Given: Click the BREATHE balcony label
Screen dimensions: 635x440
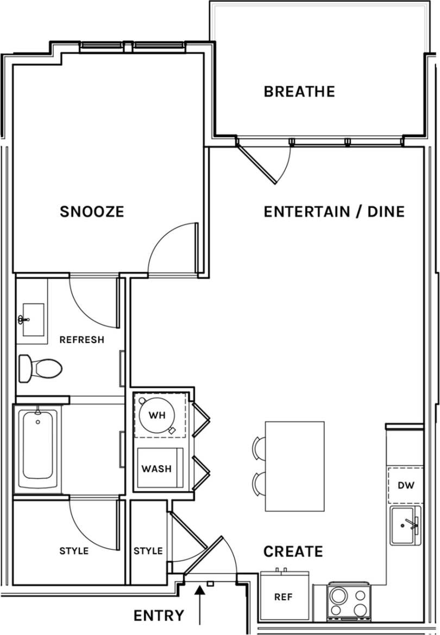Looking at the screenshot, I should (299, 92).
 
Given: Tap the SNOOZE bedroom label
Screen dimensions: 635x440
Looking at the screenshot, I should (92, 212).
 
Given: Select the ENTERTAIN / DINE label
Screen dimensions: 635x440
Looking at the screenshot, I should (334, 212).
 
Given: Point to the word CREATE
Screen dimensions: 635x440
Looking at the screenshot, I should (293, 551).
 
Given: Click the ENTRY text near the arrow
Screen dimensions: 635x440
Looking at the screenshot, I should (159, 615).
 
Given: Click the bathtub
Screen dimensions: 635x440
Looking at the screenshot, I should (37, 448).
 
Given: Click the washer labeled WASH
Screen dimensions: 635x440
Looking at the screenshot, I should (156, 468).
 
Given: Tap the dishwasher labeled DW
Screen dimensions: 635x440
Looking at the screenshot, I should (405, 485).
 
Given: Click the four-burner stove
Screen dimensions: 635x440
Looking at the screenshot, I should (348, 602).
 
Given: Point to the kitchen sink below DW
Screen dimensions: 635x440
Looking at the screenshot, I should (405, 525).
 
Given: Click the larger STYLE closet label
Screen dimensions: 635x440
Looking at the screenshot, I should (73, 551).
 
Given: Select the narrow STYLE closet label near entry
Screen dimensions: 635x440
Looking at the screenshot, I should (148, 551).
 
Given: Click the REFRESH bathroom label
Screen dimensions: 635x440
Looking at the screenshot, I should (81, 340).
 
